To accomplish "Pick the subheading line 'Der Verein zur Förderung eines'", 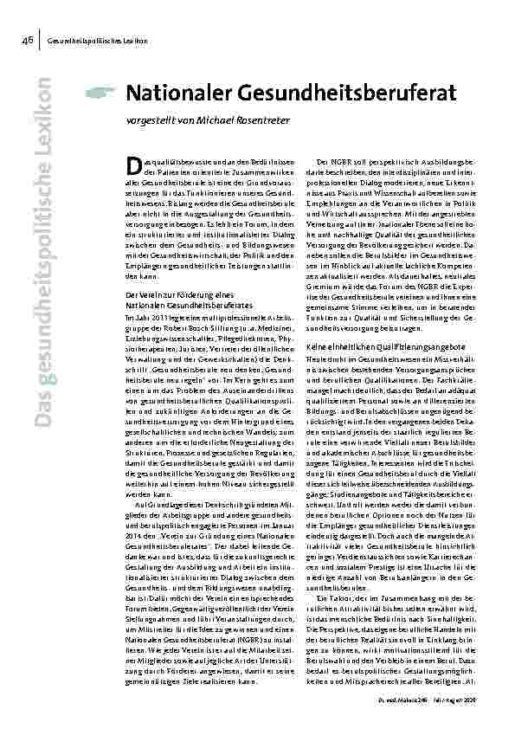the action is click(164, 295).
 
